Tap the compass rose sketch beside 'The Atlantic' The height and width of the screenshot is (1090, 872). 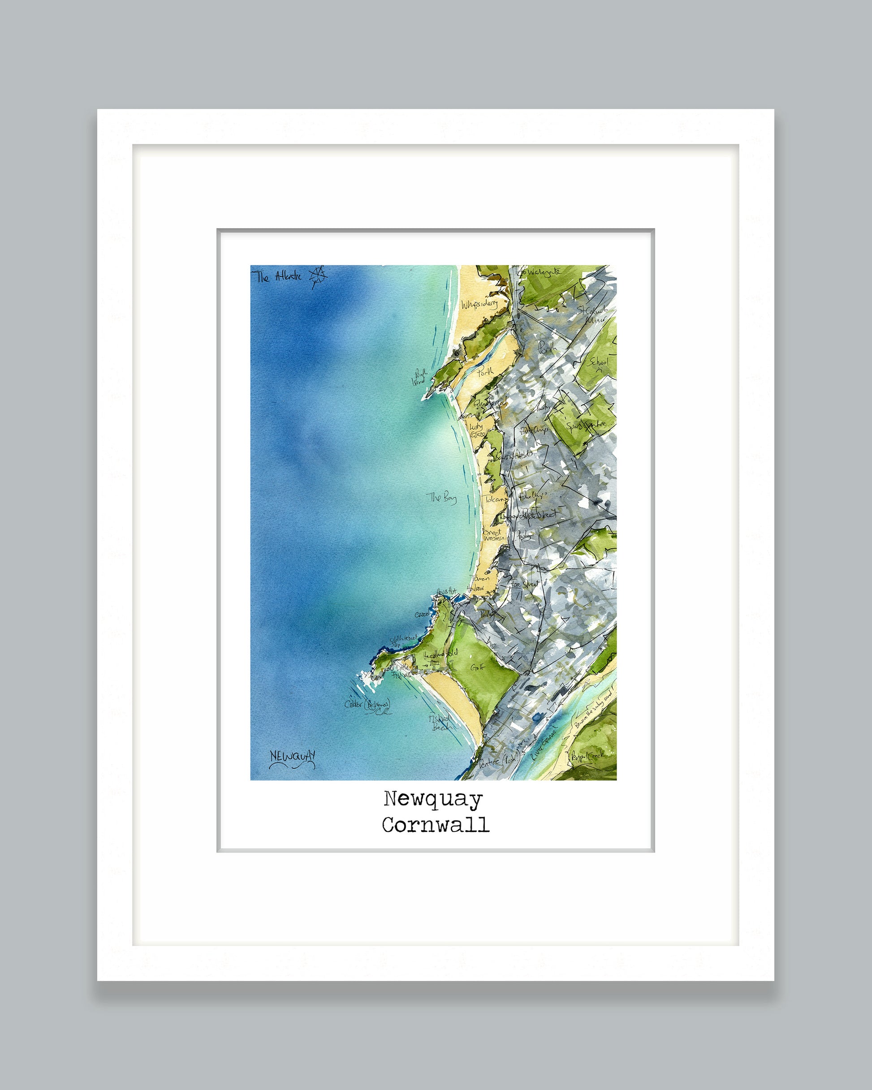(x=318, y=276)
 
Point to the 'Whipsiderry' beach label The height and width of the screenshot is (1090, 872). (x=479, y=304)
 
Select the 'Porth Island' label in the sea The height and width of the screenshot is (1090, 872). (x=420, y=377)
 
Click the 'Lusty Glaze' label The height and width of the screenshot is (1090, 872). (x=477, y=430)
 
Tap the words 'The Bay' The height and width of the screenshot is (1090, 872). (x=441, y=497)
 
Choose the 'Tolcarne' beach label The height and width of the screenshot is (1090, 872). (x=495, y=499)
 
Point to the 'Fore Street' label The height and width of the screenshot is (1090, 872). (x=525, y=584)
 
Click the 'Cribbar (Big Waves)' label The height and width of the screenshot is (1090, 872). (x=368, y=705)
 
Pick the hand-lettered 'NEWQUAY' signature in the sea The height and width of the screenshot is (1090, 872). (x=292, y=756)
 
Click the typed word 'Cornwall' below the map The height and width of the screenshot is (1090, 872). (x=436, y=825)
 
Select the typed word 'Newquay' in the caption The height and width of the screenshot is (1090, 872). (x=433, y=799)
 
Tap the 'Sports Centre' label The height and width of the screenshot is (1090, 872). (x=586, y=425)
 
